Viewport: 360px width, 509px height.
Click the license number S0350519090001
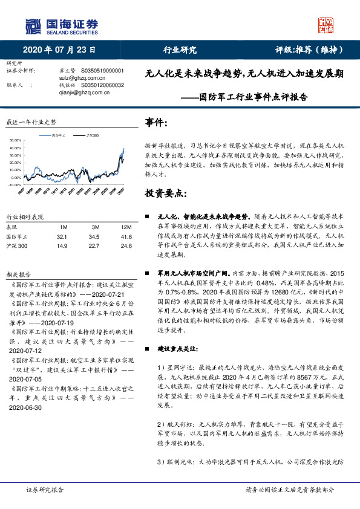(102, 71)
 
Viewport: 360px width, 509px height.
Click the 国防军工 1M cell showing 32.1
(61, 236)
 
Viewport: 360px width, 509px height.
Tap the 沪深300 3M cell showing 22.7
(94, 246)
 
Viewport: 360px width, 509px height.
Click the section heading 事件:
(157, 123)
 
